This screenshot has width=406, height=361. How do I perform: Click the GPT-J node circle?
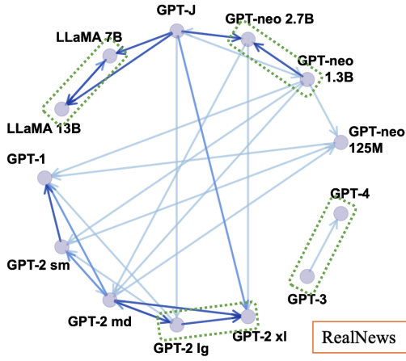(177, 31)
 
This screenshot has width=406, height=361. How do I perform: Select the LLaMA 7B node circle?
(110, 56)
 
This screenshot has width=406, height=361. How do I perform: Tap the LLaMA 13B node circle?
(62, 109)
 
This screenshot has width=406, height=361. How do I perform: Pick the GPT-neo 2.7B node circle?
(248, 40)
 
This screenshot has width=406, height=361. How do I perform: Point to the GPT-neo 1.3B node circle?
(307, 79)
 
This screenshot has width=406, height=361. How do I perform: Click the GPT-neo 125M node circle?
(341, 142)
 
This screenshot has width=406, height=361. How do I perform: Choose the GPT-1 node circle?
(44, 178)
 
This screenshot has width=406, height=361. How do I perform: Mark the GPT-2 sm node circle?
(62, 247)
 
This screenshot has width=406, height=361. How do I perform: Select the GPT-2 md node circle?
(110, 300)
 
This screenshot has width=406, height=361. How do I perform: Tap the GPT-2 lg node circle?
(177, 325)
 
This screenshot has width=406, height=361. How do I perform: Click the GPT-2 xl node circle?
(248, 317)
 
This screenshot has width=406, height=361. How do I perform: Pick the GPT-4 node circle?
(341, 213)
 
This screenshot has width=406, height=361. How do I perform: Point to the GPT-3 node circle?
(307, 276)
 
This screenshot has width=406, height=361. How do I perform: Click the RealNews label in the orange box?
(359, 338)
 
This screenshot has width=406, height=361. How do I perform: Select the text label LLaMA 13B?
(44, 128)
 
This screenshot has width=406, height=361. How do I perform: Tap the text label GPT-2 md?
(99, 321)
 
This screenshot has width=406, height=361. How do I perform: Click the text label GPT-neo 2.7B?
(269, 19)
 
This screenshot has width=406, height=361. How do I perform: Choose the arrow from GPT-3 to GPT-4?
(323, 245)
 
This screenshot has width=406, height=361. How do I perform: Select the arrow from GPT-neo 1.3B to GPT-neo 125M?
(324, 111)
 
